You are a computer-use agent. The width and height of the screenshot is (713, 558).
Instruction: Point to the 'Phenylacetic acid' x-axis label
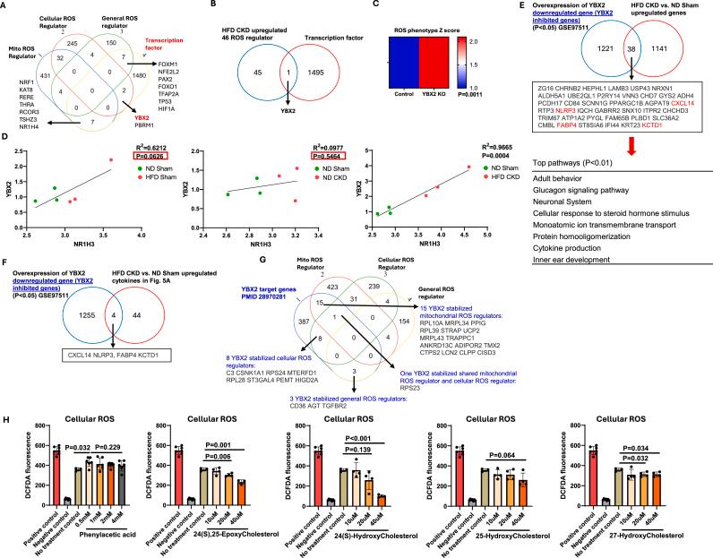[x=93, y=541]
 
